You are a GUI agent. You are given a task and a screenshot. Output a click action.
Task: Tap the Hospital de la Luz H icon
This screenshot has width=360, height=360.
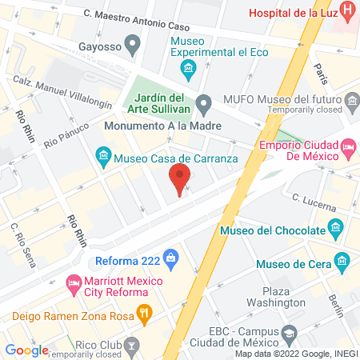point(348,12)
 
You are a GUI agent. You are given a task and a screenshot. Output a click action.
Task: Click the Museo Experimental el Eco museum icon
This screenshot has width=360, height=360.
point(188,69)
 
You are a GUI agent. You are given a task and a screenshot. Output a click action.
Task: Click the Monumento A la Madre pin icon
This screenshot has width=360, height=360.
point(204,102)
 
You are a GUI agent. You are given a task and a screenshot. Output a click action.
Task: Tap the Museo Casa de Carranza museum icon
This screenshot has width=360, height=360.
point(102,158)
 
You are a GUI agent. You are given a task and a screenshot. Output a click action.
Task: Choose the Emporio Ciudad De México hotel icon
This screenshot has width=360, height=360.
point(349,148)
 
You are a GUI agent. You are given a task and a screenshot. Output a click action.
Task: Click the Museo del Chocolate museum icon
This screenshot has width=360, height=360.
point(336,230)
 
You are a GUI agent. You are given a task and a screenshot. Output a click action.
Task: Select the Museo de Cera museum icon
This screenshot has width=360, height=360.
point(342,260)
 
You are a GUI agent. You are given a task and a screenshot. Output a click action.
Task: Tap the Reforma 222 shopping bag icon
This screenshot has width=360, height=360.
point(170,258)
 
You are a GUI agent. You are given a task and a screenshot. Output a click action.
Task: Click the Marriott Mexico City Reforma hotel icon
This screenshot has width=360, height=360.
point(73,283)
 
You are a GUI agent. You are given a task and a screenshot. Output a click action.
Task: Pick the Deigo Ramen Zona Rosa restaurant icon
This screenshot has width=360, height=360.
point(144,313)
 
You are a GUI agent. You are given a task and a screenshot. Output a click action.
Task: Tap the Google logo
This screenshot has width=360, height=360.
point(26,350)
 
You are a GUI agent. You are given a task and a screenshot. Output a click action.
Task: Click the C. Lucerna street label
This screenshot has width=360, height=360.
point(314,202)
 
